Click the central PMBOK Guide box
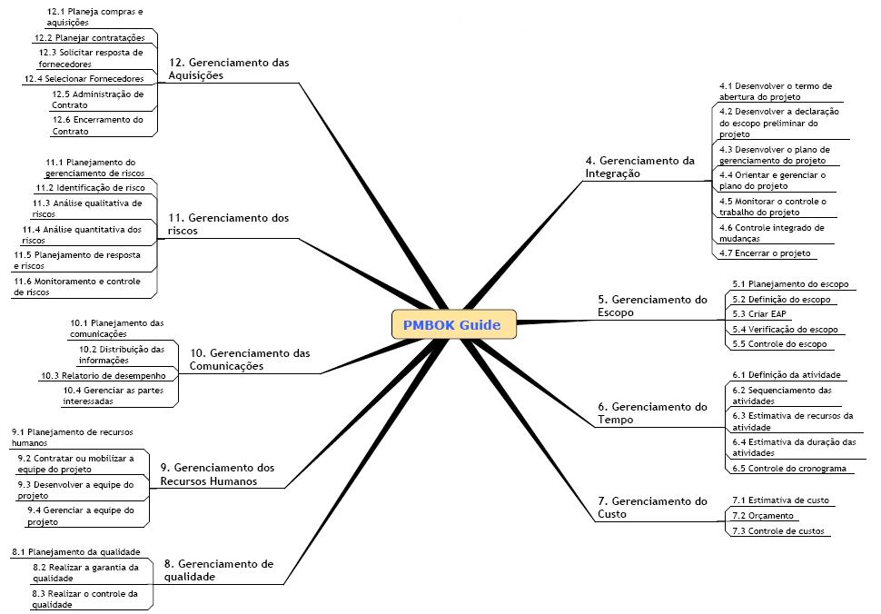(453, 324)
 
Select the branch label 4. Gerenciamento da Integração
(639, 167)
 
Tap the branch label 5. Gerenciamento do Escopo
(652, 305)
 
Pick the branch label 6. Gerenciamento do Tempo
(652, 413)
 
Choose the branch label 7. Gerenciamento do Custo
(652, 508)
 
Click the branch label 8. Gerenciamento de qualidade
(218, 569)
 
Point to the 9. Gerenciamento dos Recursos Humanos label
(217, 474)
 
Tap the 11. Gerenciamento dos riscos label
(228, 224)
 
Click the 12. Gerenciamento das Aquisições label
(228, 69)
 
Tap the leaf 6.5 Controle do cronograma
(789, 468)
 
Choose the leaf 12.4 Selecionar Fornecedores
(84, 79)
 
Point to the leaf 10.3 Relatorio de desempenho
(103, 375)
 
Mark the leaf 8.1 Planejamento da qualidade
(76, 551)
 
